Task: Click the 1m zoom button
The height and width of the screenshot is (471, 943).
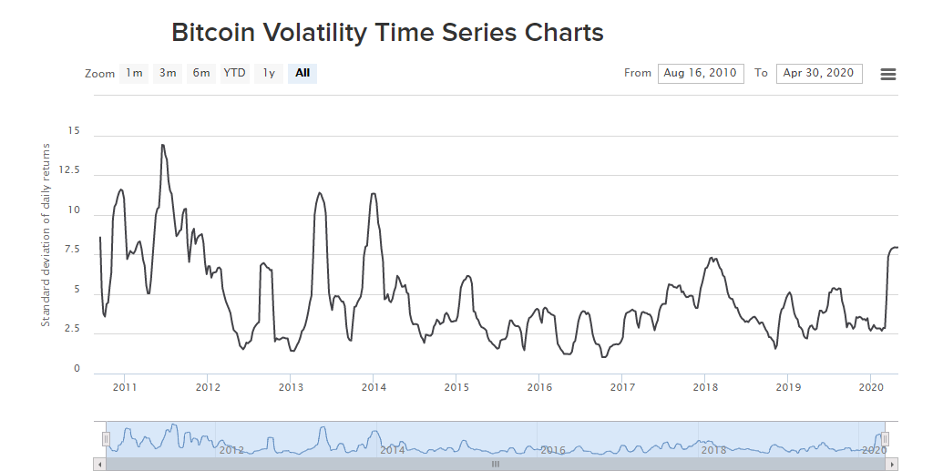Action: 134,74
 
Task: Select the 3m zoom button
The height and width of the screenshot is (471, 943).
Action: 168,74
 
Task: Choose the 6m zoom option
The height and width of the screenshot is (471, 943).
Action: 201,74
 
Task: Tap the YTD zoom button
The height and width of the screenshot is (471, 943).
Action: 235,74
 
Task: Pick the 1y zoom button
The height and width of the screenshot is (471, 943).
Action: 269,74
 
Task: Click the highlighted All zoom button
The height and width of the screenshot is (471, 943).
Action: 302,74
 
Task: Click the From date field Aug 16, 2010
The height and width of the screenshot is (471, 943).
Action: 701,74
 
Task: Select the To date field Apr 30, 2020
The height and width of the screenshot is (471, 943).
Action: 819,74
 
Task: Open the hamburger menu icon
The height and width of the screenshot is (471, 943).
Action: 888,75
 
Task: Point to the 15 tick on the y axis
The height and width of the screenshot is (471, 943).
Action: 74,132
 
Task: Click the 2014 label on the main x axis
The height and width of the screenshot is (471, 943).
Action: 374,387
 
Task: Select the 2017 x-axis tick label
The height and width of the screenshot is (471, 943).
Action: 622,387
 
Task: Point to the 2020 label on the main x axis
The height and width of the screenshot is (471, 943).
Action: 871,387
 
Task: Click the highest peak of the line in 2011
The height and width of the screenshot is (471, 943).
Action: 162,145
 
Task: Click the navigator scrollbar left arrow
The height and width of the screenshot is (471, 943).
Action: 99,464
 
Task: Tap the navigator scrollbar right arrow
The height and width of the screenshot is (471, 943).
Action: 891,464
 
